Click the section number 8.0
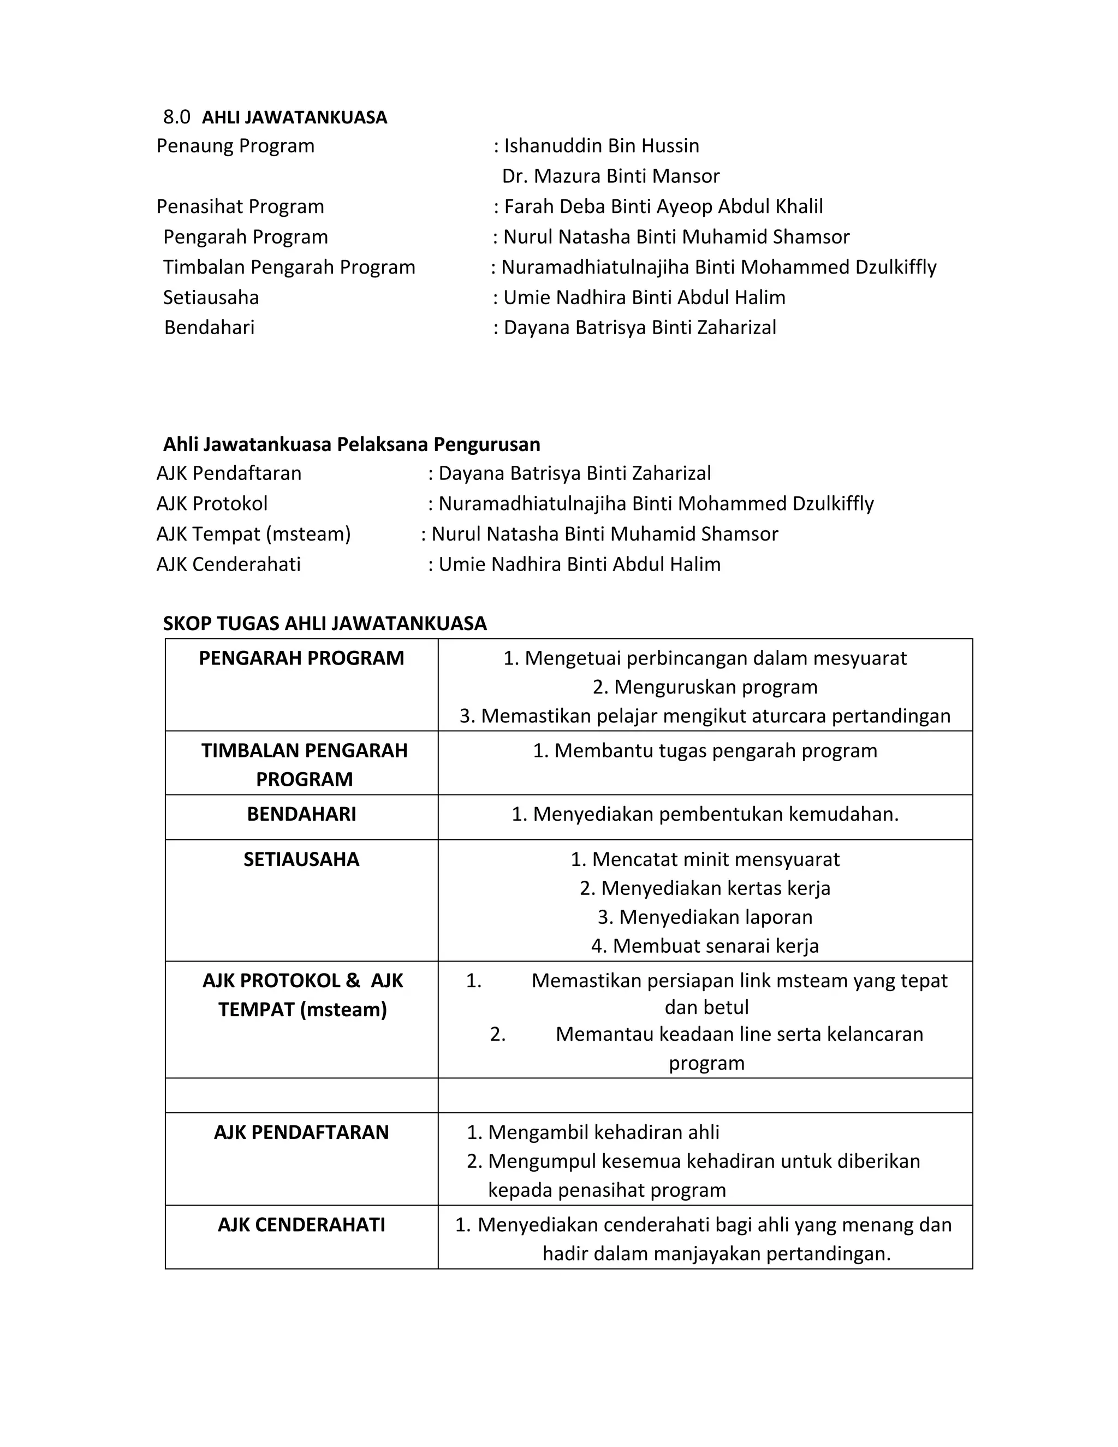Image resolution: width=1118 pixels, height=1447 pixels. [176, 117]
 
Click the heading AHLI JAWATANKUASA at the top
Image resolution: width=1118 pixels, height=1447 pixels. [294, 118]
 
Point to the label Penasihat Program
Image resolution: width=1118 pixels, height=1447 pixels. [240, 207]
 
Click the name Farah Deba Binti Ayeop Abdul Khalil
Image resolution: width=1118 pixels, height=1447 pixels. [663, 207]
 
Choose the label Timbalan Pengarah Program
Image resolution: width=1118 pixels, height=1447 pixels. [289, 267]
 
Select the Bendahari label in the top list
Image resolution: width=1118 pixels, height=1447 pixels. [209, 327]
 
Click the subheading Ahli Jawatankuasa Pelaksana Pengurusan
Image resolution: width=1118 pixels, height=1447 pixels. [351, 444]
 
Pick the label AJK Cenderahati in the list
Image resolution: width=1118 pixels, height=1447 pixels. [229, 565]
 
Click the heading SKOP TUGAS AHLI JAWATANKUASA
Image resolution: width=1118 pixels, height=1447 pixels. [325, 624]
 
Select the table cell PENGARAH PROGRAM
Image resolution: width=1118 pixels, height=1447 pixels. [301, 659]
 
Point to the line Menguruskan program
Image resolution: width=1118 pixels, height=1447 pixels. [705, 687]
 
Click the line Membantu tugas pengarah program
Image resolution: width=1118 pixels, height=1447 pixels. [705, 751]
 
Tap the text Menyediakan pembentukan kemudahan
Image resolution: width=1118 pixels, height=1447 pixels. [705, 814]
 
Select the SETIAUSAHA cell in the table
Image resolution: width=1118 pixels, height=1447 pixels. [301, 859]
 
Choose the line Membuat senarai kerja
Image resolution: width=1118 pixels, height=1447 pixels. [705, 946]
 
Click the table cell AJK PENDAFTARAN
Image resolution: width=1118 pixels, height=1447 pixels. [301, 1132]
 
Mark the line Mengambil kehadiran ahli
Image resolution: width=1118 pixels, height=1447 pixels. [593, 1132]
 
